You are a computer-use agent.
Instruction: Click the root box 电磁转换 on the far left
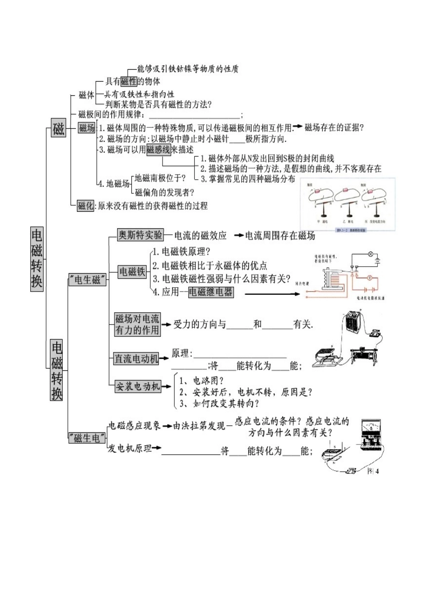(37, 258)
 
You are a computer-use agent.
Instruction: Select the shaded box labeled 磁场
(87, 127)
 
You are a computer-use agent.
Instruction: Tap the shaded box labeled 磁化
(86, 206)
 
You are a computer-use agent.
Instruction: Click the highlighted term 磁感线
(158, 149)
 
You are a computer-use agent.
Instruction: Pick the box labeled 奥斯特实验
(140, 235)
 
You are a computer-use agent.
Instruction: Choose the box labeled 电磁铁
(132, 272)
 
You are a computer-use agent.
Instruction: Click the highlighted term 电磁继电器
(211, 292)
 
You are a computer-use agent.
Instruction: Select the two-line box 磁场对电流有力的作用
(137, 324)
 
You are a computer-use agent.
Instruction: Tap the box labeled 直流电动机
(136, 359)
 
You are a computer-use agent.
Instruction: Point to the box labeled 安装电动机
(137, 386)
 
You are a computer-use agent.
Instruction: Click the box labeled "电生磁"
(87, 280)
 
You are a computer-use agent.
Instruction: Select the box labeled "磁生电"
(87, 438)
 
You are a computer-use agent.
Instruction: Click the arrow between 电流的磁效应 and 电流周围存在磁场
(239, 236)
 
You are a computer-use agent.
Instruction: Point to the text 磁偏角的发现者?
(165, 192)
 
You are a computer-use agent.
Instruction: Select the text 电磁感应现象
(134, 426)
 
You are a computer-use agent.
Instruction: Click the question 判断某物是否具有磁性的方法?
(158, 104)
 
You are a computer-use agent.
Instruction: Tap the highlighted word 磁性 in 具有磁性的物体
(129, 82)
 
